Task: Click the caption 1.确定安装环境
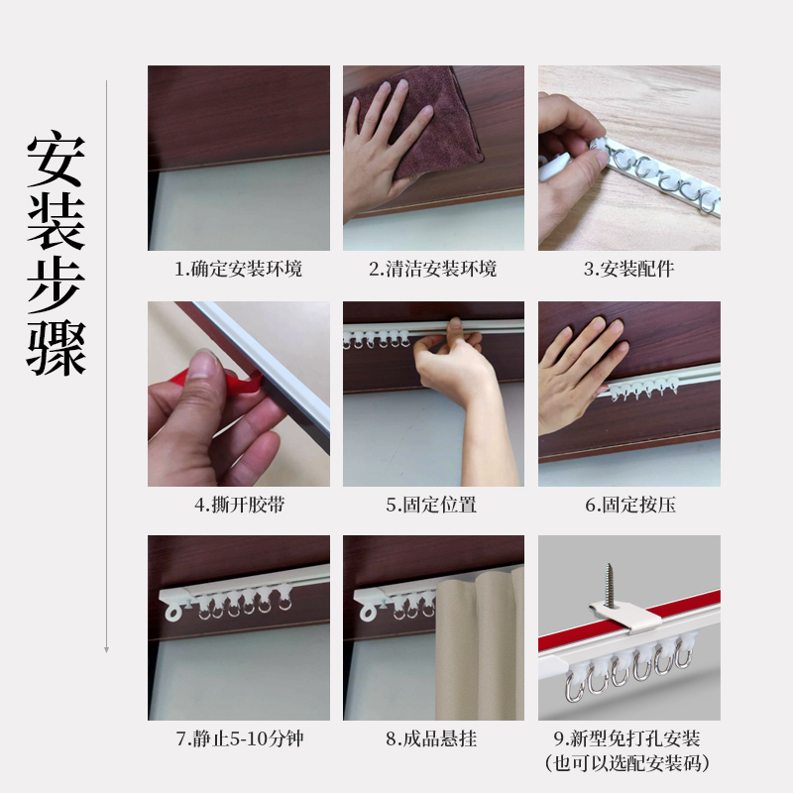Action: pos(238,269)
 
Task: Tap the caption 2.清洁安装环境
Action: pos(433,269)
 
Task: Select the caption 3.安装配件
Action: pos(628,269)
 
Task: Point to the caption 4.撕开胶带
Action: pos(238,505)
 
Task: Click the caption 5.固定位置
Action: pos(433,505)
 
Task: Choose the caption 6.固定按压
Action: pos(628,505)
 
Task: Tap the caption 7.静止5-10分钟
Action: pos(238,739)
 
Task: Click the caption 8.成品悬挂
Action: pos(433,739)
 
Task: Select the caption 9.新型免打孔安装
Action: pos(628,739)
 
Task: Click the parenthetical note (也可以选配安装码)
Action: pos(628,763)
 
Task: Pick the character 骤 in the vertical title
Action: pos(56,346)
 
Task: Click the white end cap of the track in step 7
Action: pos(174,605)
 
